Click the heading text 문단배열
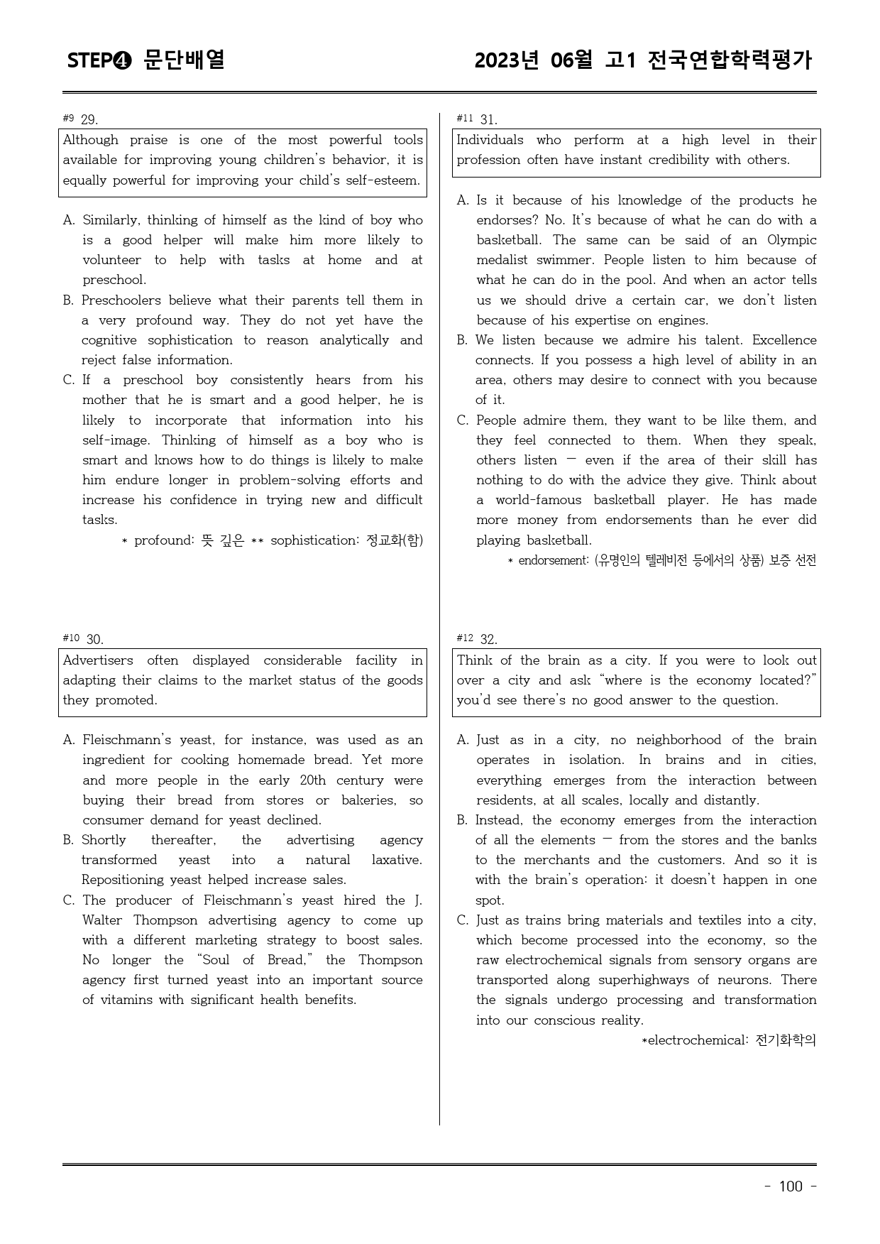pos(185,60)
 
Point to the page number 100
pos(790,1186)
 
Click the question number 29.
pos(89,119)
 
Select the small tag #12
pos(465,638)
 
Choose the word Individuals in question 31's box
pos(490,140)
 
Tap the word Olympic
pos(791,240)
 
